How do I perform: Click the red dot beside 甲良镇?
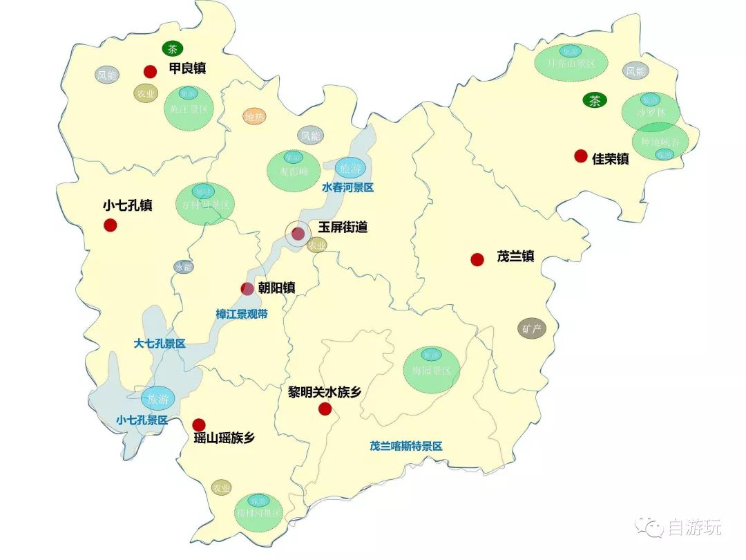(150, 71)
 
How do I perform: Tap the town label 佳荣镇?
(611, 158)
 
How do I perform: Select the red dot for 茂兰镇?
(477, 259)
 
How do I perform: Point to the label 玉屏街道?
(343, 227)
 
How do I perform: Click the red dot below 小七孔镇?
(110, 225)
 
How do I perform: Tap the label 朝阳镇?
(277, 288)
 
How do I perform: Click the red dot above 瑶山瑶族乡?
(199, 424)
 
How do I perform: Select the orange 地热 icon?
(255, 117)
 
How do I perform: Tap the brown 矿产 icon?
(532, 328)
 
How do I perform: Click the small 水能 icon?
(184, 267)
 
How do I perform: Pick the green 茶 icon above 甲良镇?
(171, 49)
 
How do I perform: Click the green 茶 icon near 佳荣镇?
(594, 100)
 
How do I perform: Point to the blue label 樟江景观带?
(242, 314)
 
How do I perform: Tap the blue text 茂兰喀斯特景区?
(405, 446)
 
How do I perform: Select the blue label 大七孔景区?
(160, 344)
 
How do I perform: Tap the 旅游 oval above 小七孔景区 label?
(157, 398)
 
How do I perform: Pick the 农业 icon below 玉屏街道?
(317, 245)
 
